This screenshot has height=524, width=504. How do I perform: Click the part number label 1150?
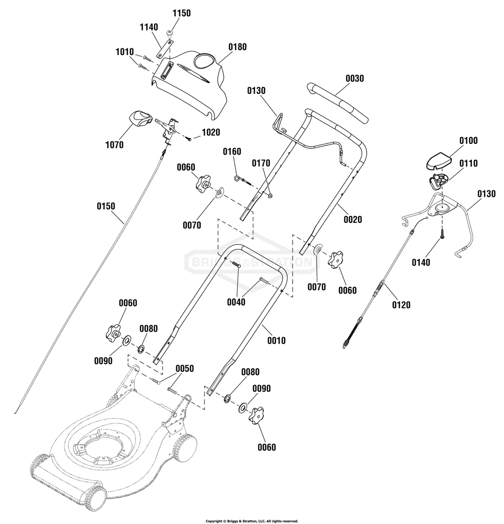point(181,13)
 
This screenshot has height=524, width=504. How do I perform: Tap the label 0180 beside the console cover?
point(238,47)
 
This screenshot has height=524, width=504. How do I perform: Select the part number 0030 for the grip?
point(355,79)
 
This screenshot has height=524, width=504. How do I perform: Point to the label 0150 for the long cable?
point(106,206)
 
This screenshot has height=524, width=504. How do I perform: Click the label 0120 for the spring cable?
point(401,305)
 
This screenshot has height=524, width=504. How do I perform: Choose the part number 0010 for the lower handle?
point(277,341)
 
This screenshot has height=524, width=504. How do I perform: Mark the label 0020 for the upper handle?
point(353,219)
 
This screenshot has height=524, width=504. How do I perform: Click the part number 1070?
point(114,145)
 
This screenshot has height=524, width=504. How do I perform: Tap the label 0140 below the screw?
point(421,262)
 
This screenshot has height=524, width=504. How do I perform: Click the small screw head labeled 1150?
point(169,33)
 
